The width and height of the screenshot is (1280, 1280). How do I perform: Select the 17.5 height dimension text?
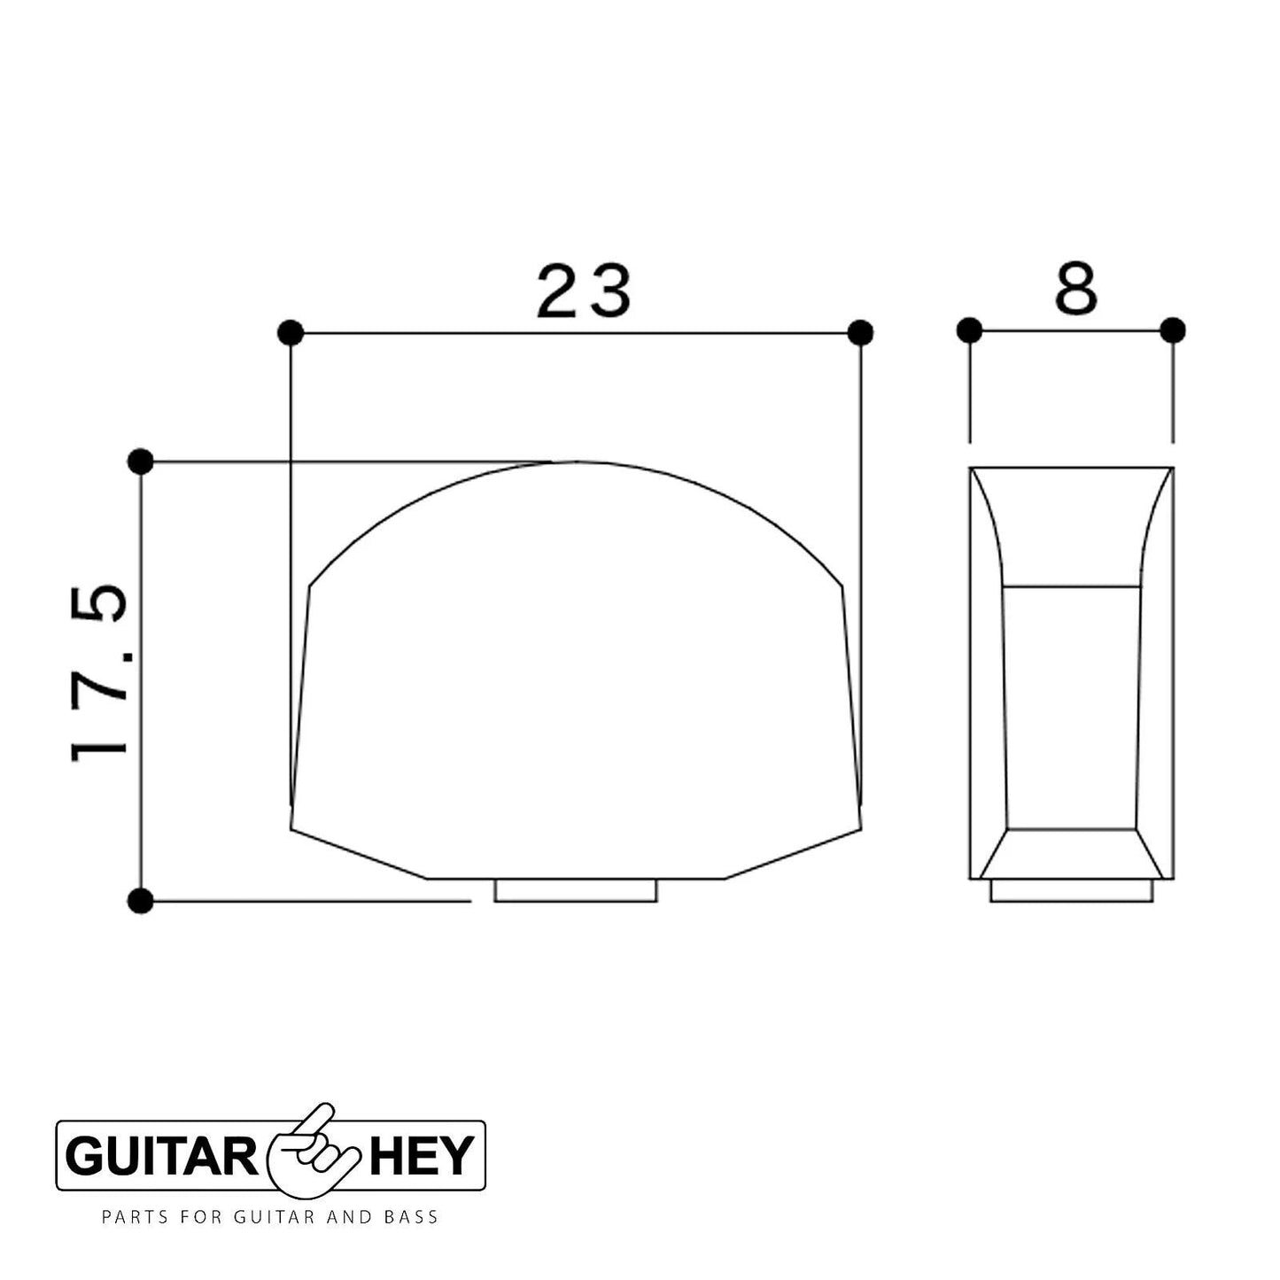click(99, 673)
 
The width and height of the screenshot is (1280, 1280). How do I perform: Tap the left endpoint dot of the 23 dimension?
click(291, 332)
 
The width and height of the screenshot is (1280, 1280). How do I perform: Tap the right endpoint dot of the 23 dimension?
click(860, 332)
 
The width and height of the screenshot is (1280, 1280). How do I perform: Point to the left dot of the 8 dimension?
click(969, 330)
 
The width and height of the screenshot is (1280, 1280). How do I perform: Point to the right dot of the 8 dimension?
click(1173, 330)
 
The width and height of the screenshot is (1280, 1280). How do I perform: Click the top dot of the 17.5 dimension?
click(140, 461)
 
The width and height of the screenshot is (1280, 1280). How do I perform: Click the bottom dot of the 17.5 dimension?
click(140, 902)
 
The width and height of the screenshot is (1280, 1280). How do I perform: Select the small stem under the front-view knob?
click(576, 891)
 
